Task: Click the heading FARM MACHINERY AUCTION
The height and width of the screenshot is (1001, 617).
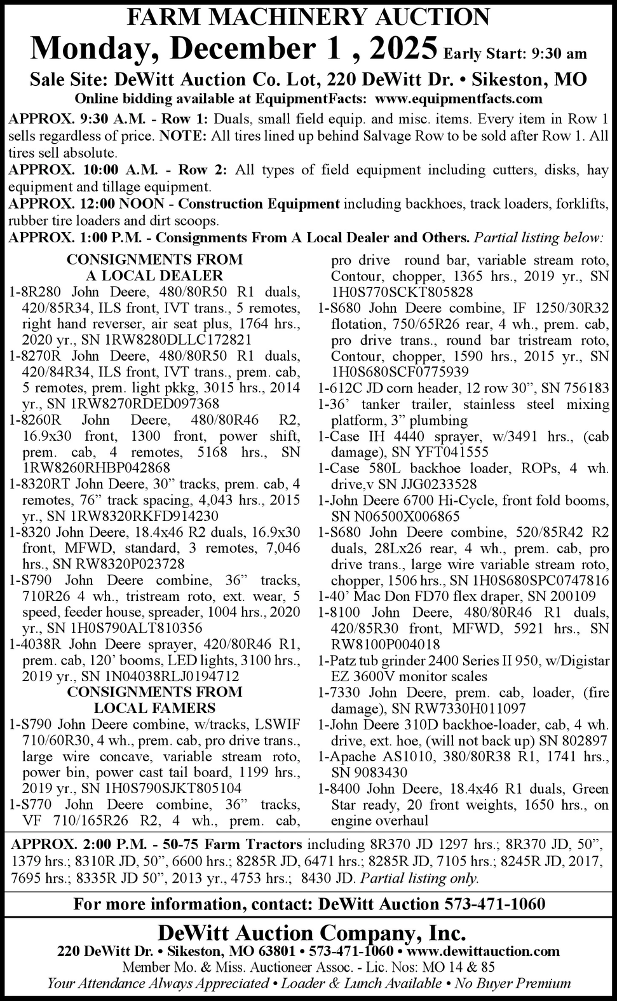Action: tap(309, 16)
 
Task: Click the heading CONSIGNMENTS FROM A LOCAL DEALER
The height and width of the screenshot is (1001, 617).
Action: tap(154, 267)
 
